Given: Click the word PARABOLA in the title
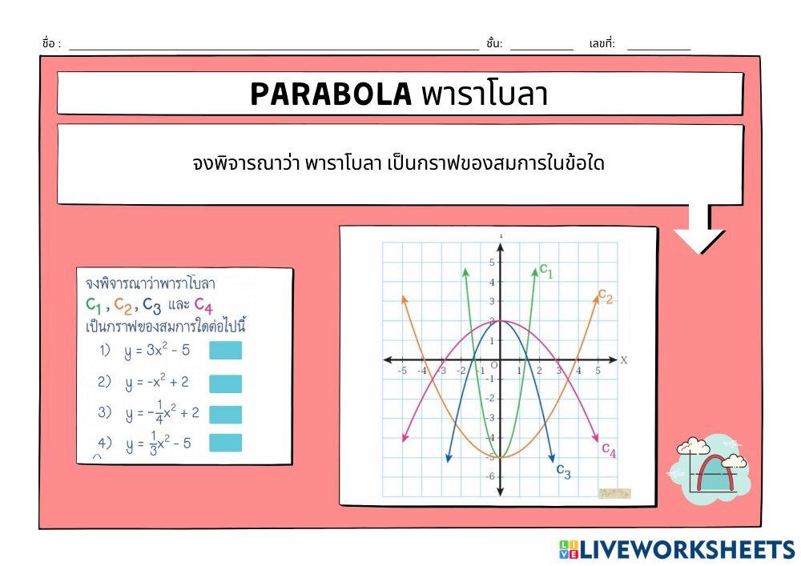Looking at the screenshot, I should [330, 94].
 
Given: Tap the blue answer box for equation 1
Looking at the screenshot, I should [225, 351].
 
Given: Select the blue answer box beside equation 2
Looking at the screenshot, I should [225, 383].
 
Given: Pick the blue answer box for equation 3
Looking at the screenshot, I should [225, 414].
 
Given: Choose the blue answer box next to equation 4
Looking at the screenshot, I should [225, 443].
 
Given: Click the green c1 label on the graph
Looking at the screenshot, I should [546, 272].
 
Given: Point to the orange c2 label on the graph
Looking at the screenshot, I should [606, 297].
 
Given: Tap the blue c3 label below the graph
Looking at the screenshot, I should [564, 472].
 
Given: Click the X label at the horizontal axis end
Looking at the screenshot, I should [623, 361].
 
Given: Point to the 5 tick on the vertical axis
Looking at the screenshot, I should [492, 262].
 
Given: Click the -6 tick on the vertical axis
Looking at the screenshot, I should [490, 477].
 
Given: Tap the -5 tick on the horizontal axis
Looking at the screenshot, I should [402, 371].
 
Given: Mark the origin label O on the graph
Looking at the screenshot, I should [494, 366].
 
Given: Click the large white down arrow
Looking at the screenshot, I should [699, 232].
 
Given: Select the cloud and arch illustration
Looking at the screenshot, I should [710, 470].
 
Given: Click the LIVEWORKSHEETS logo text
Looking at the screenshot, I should [687, 550].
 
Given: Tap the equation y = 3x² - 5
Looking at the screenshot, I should [156, 351].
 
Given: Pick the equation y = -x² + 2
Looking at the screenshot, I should [156, 383].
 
